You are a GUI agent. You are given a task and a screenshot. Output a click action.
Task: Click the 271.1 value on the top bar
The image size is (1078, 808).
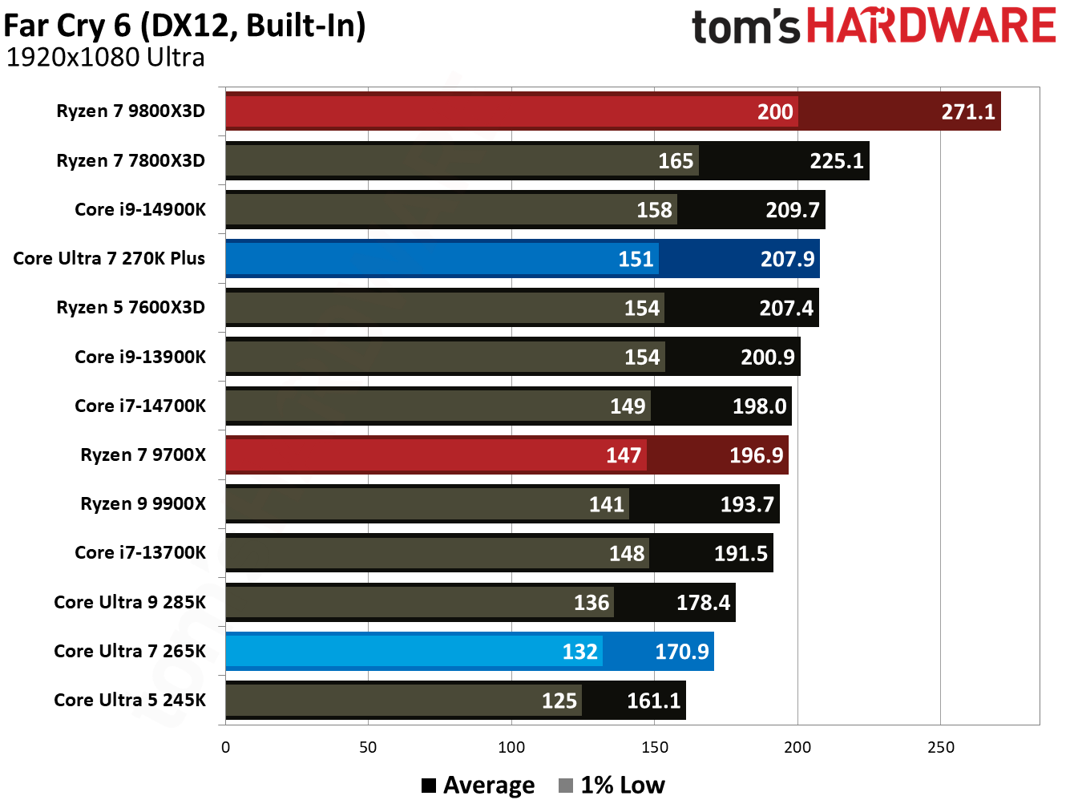[x=967, y=111]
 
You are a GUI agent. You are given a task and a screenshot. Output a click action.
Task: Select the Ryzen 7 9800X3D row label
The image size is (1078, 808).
[x=131, y=111]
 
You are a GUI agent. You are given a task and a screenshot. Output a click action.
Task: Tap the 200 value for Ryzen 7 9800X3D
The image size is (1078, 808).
[x=774, y=111]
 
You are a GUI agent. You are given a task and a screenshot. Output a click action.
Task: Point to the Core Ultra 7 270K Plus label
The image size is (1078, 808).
[x=109, y=258]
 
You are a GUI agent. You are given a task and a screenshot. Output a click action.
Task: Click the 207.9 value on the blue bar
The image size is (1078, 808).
[x=786, y=259]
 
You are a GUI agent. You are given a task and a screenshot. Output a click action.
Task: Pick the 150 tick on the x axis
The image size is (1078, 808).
[x=654, y=747]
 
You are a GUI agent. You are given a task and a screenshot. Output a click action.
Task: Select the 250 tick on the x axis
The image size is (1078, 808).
[x=940, y=747]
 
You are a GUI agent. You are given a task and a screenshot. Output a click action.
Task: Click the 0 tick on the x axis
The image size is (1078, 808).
[x=225, y=747]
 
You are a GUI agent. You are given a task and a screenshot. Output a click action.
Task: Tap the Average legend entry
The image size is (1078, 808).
[x=478, y=785]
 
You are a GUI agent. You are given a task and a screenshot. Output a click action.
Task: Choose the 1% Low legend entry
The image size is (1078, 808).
[x=612, y=785]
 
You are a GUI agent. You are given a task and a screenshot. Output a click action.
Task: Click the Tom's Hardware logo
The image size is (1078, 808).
[x=874, y=26]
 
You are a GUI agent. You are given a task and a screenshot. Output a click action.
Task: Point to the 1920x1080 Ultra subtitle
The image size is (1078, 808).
[x=105, y=58]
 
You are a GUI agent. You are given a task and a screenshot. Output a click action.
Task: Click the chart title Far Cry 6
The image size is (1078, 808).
[x=184, y=25]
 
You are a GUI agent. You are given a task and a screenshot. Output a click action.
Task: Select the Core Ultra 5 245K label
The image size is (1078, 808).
[x=130, y=700]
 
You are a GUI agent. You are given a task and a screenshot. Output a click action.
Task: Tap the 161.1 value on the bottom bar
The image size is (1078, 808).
[x=652, y=701]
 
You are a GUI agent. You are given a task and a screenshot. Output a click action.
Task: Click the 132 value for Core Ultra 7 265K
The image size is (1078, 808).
[x=579, y=652]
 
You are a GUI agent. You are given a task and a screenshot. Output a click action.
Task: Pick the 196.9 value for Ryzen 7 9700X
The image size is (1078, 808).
[x=755, y=455]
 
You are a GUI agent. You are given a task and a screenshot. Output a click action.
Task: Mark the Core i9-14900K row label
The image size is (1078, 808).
[x=140, y=209]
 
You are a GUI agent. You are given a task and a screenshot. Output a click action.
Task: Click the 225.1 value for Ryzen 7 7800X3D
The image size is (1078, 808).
[x=836, y=161]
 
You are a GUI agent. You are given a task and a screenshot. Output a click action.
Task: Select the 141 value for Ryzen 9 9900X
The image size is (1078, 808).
[x=606, y=504]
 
